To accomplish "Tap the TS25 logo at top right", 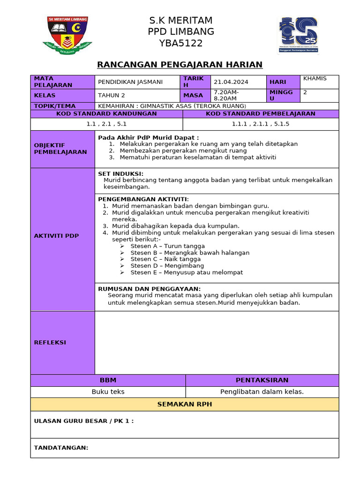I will coord(298,36).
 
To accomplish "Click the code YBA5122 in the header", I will coord(180,44).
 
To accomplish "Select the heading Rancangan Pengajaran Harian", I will coord(180,65).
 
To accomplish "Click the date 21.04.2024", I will coord(231,82).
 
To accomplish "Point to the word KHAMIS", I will coord(315,78).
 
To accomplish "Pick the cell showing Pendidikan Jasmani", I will coord(130,82).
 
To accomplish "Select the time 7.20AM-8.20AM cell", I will coord(226,95).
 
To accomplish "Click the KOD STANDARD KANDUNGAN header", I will coord(106,114).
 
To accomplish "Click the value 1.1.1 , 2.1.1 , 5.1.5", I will coord(260,124).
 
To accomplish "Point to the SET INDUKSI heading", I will coord(120,173).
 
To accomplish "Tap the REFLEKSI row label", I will coord(50,343).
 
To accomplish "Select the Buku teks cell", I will coord(108,392).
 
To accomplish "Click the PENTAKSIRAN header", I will coord(262,380).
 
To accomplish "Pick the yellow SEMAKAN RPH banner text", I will coord(184,405).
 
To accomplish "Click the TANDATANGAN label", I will coord(61,448).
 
